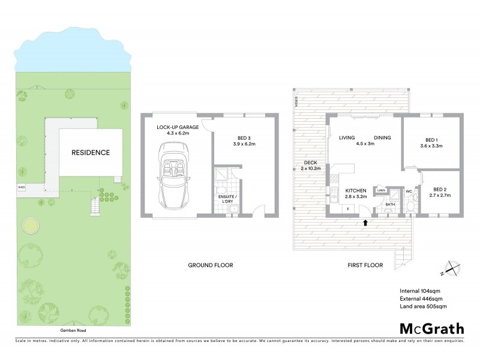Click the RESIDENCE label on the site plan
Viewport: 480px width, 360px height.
(x=91, y=152)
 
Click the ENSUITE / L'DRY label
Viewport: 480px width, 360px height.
(x=227, y=197)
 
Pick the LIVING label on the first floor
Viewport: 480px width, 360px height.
(x=347, y=138)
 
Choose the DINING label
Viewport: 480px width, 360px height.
(x=382, y=138)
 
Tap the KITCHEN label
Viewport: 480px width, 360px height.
(x=355, y=192)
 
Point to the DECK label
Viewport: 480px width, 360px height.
(x=311, y=163)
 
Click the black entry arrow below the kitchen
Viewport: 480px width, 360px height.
(x=365, y=223)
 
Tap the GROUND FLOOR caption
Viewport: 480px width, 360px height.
(x=211, y=265)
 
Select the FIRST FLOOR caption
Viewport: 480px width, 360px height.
(x=365, y=265)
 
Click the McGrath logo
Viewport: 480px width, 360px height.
(x=432, y=328)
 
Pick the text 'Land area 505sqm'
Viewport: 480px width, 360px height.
(x=424, y=307)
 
